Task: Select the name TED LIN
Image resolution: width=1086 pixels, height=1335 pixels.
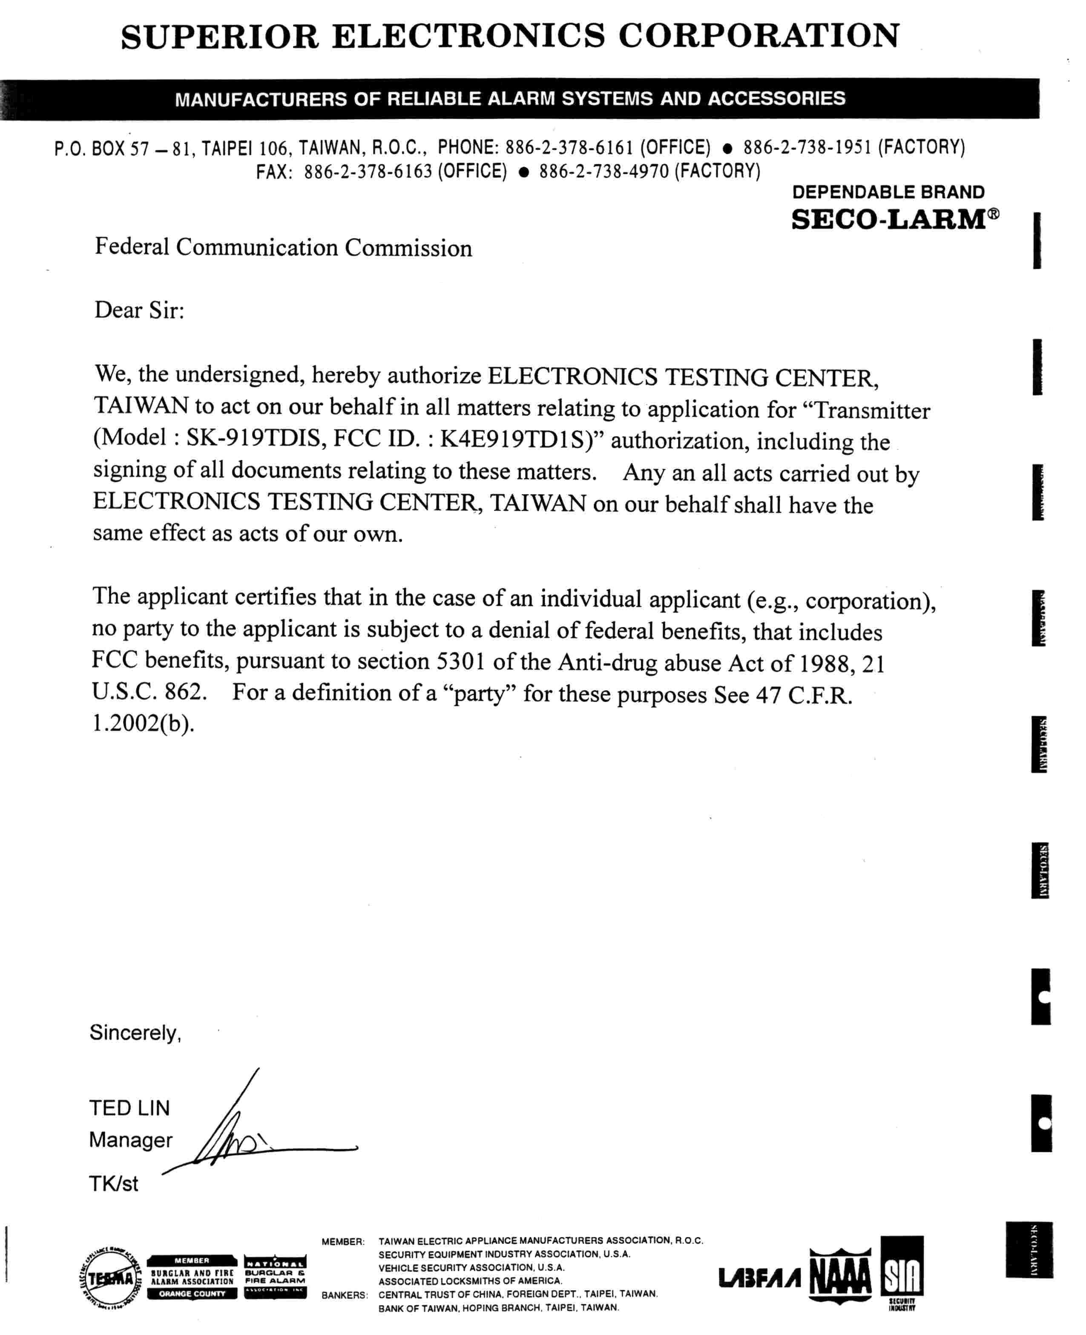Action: coord(129,1108)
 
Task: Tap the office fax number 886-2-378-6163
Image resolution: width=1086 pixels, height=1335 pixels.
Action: coord(368,171)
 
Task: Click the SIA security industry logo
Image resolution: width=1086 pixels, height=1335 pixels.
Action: coord(902,1274)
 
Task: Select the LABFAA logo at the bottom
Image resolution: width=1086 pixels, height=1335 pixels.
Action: coord(759,1278)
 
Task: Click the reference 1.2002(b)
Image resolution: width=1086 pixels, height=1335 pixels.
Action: coord(143,723)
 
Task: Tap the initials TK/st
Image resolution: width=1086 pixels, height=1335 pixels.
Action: coord(113,1184)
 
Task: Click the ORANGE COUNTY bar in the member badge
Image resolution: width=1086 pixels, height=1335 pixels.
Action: coord(192,1294)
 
